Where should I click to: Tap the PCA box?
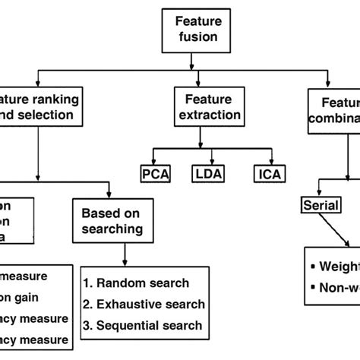(156, 174)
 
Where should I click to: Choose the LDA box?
(208, 174)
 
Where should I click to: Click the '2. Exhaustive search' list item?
(144, 304)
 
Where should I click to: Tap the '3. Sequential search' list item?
(144, 325)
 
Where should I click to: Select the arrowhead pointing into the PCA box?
(155, 162)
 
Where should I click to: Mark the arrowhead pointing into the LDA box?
(208, 162)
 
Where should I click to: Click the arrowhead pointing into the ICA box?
(267, 162)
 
